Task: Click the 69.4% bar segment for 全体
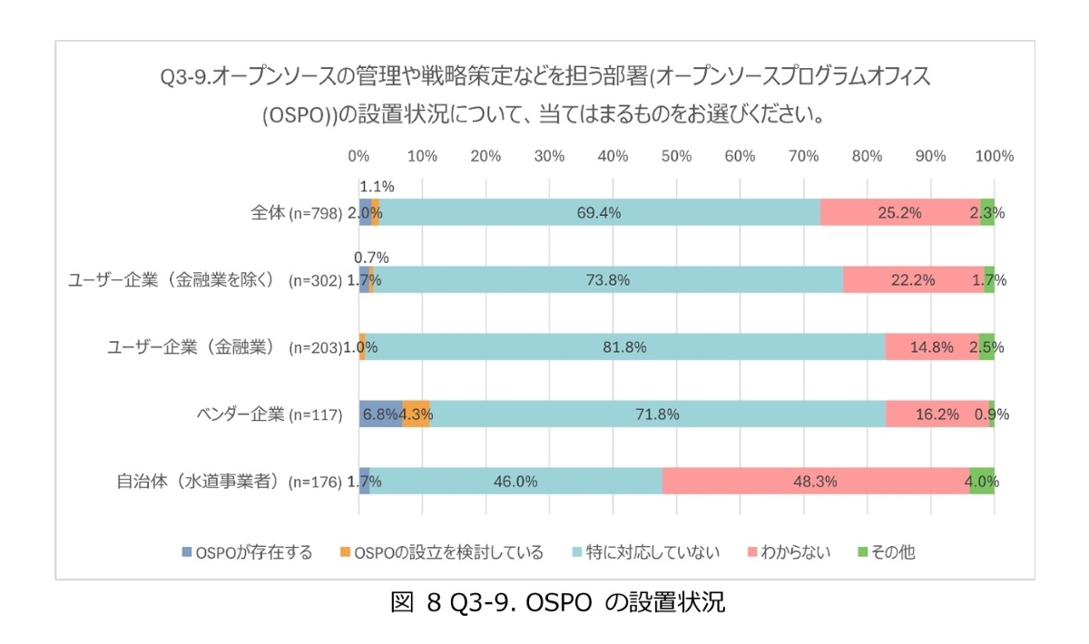599,212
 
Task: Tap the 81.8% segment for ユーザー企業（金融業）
625,346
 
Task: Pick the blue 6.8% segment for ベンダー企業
380,414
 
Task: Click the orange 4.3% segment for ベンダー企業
417,414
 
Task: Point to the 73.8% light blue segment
608,279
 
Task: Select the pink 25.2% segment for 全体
899,212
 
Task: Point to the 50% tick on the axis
677,156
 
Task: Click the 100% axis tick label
994,156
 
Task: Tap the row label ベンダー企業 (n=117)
270,415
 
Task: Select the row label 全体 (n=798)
296,213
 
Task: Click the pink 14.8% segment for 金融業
931,346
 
